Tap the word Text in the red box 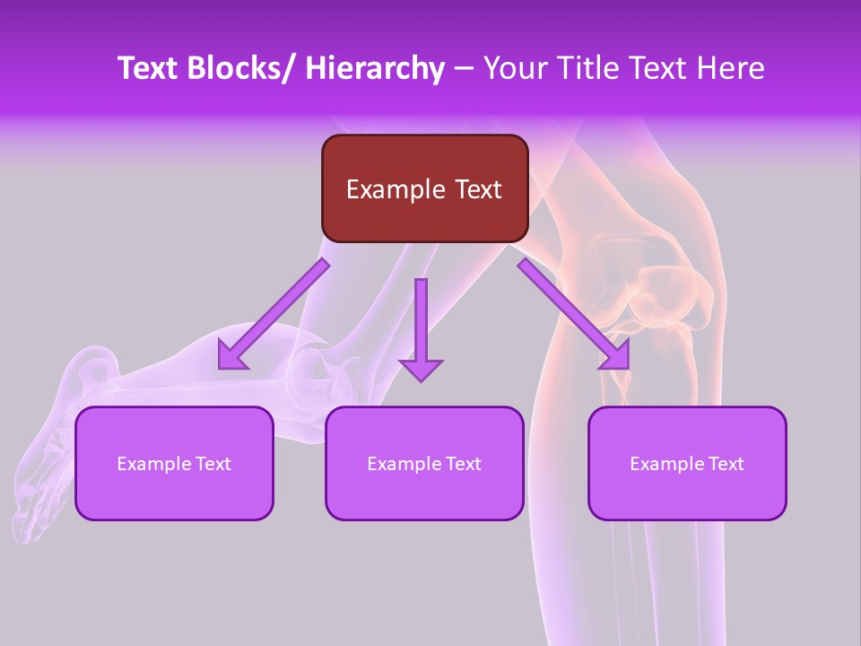click(475, 189)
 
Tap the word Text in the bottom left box click(213, 464)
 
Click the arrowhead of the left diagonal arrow click(232, 356)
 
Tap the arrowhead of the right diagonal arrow click(615, 356)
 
